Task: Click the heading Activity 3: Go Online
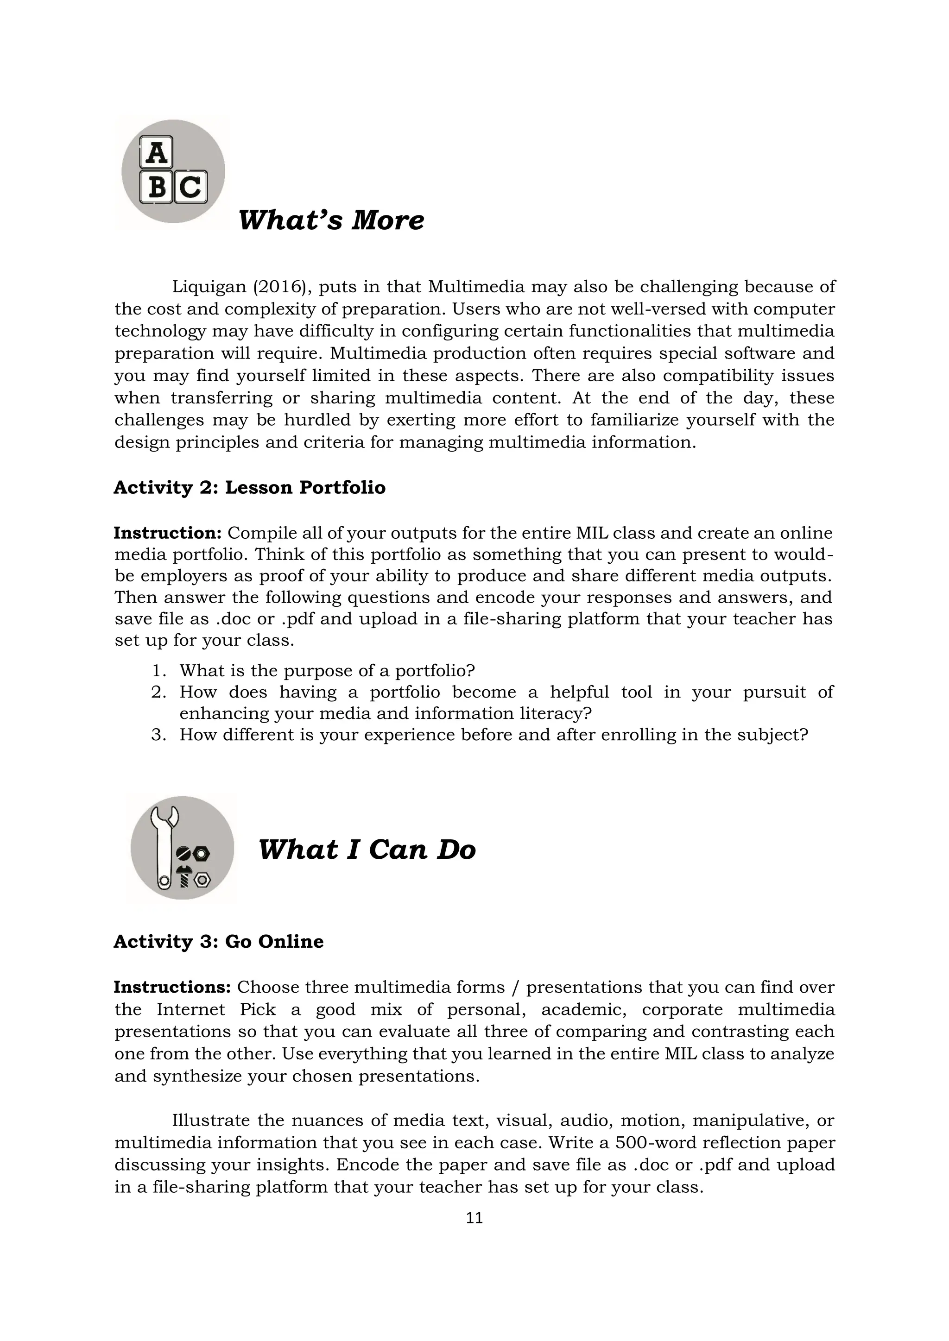click(219, 942)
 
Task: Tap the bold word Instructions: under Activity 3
click(172, 987)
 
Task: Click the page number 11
click(474, 1218)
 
